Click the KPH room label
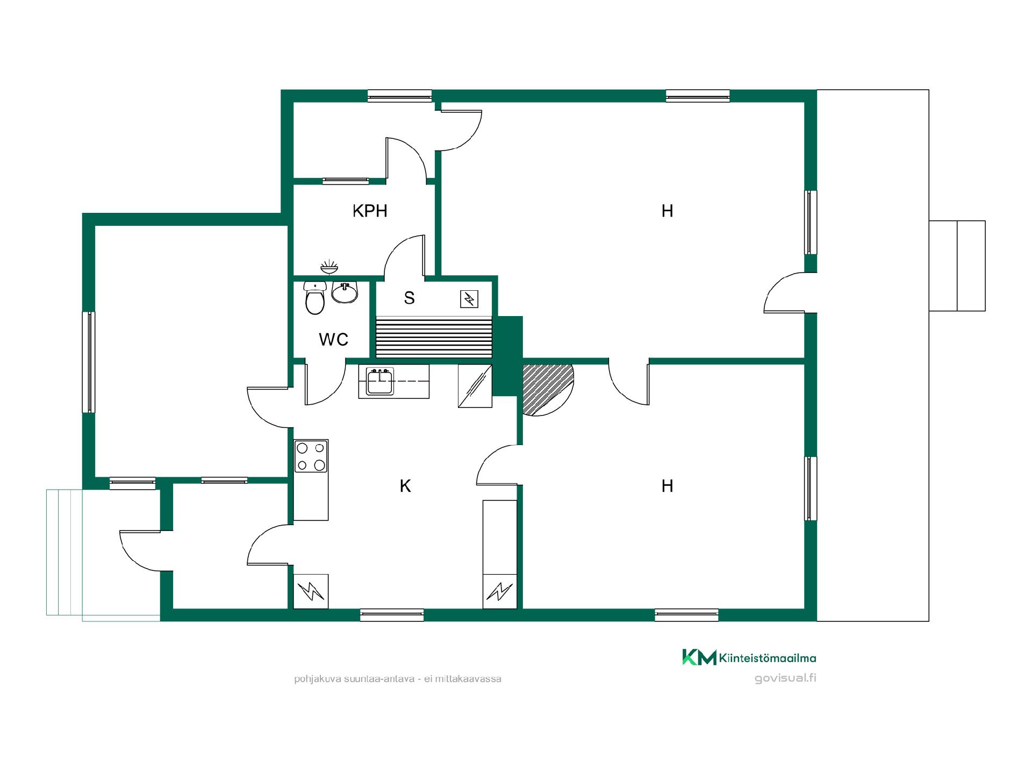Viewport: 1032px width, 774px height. pyautogui.click(x=370, y=211)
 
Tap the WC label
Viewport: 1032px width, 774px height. pyautogui.click(x=333, y=340)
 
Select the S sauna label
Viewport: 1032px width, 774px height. pyautogui.click(x=410, y=298)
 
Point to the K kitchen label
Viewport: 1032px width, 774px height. pyautogui.click(x=405, y=486)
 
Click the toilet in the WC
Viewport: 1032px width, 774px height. pyautogui.click(x=315, y=298)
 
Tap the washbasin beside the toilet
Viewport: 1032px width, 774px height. pyautogui.click(x=345, y=292)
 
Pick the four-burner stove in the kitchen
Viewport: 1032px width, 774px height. pyautogui.click(x=311, y=456)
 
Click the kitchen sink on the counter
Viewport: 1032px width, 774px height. pyautogui.click(x=380, y=381)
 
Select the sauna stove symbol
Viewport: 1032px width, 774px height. pyautogui.click(x=469, y=299)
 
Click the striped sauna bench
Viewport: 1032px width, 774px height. pyautogui.click(x=434, y=337)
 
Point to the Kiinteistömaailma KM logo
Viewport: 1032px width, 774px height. pyautogui.click(x=749, y=657)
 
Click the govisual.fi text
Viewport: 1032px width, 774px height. pyautogui.click(x=785, y=678)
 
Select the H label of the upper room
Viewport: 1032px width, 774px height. pyautogui.click(x=668, y=211)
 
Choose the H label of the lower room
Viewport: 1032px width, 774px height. pyautogui.click(x=668, y=486)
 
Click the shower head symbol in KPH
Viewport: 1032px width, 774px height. pyautogui.click(x=329, y=266)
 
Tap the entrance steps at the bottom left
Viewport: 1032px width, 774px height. pyautogui.click(x=64, y=552)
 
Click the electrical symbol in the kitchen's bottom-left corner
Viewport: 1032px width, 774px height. pyautogui.click(x=311, y=591)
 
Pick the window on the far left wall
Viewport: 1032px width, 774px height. pyautogui.click(x=88, y=362)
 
